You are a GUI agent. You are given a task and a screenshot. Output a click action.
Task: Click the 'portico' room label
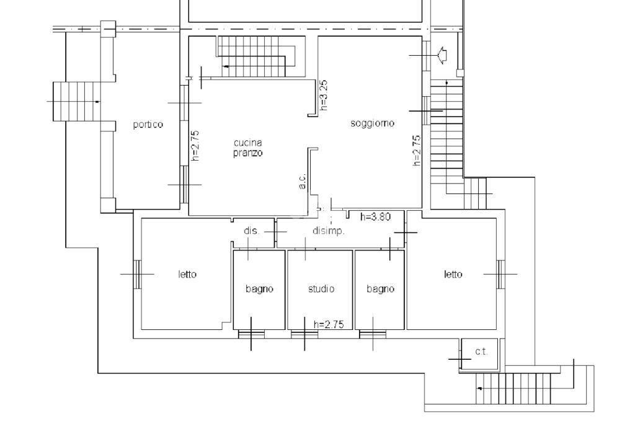(148, 125)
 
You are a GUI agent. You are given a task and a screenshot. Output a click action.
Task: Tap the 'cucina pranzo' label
(247, 148)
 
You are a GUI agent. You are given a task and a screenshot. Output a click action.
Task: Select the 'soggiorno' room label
(372, 123)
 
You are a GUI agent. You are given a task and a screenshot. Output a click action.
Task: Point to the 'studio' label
(321, 288)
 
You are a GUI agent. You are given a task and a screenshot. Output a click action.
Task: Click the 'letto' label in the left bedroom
(187, 274)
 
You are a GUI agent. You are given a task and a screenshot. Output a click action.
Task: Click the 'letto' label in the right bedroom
(453, 274)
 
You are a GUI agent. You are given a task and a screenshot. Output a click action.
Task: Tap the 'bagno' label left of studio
(259, 288)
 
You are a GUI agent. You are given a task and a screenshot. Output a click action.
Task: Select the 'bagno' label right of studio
(380, 288)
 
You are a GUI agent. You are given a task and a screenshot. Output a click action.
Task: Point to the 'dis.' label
(251, 231)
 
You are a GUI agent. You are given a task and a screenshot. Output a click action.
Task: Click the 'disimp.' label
(328, 231)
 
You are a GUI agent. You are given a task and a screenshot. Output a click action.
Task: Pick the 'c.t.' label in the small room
(481, 352)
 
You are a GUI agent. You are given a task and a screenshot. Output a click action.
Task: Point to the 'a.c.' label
(302, 180)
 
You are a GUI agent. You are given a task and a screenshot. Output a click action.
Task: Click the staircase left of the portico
(75, 101)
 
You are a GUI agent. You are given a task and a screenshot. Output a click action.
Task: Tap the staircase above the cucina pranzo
(257, 56)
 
